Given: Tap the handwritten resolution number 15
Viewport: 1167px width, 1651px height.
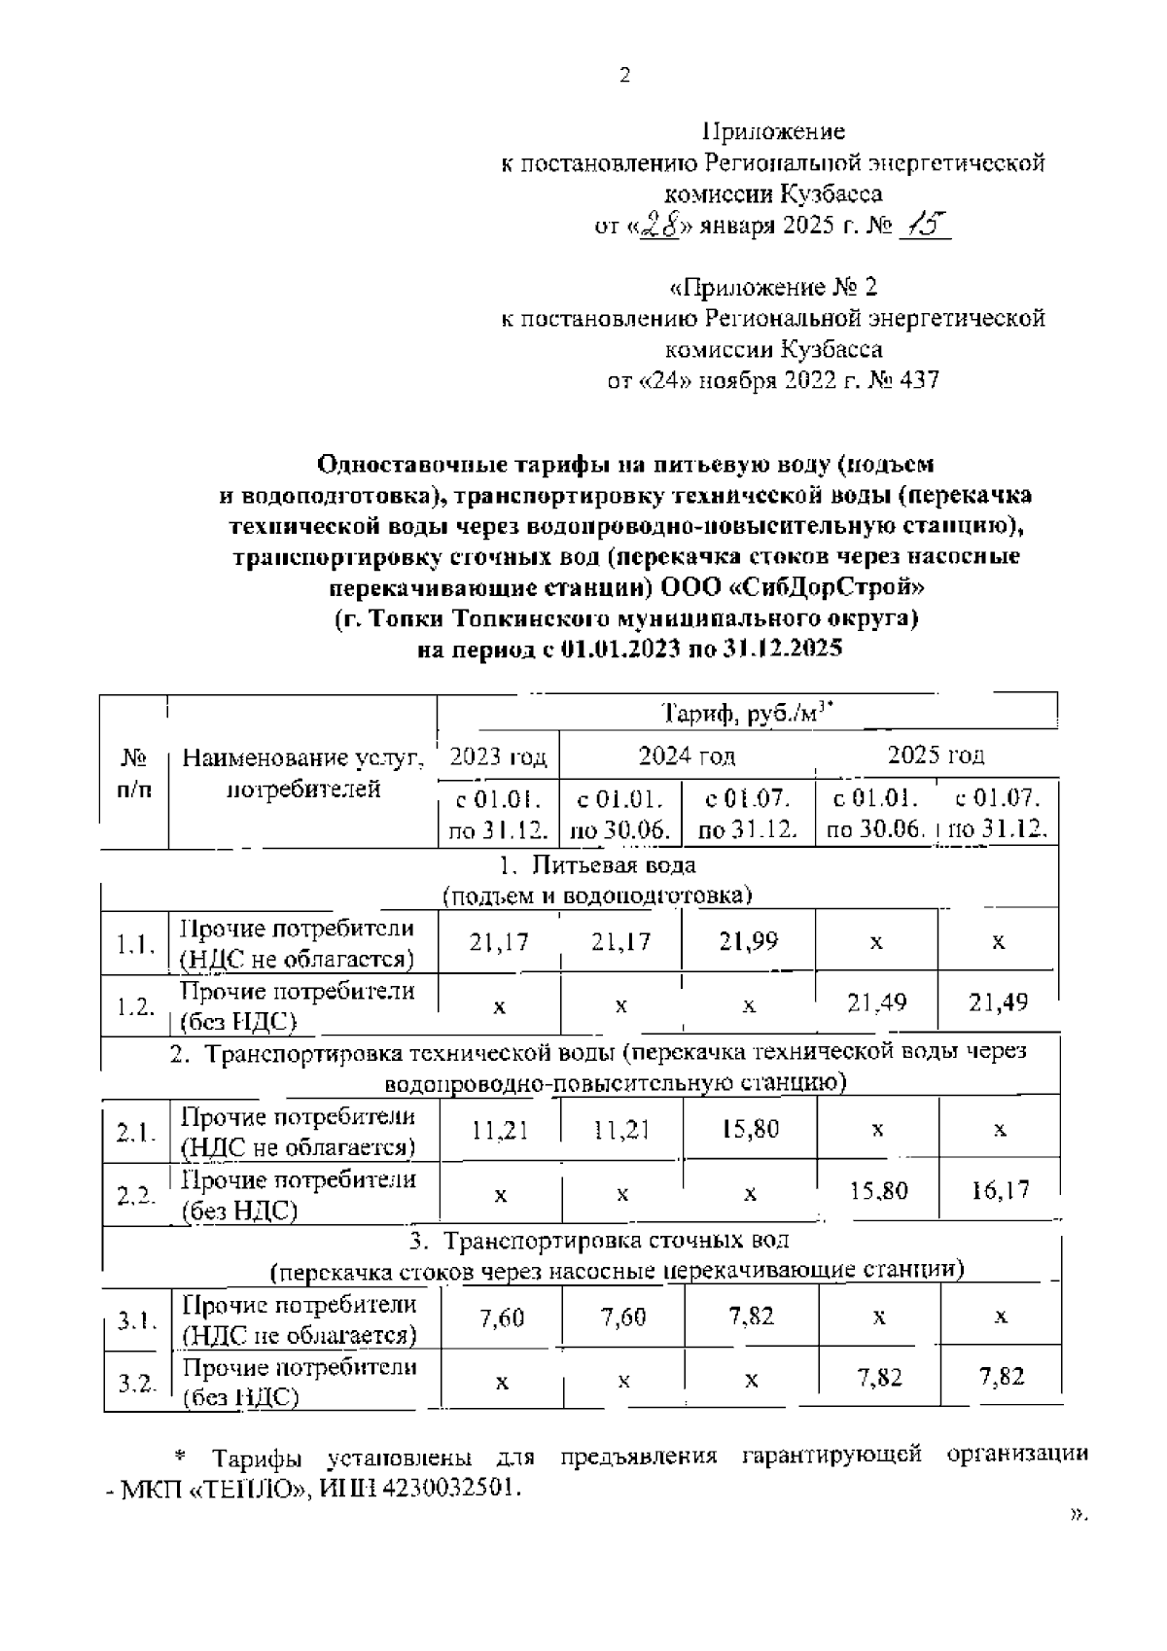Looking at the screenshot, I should (923, 226).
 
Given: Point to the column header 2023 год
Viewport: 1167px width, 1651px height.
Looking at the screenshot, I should (498, 756).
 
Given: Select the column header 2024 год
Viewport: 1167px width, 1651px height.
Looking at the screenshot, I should (687, 756).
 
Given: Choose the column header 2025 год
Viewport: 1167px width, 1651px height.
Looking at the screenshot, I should (936, 755).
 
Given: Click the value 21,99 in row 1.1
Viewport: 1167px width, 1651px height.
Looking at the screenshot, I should (749, 941).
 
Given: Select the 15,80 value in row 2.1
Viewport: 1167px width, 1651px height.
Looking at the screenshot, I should (750, 1129).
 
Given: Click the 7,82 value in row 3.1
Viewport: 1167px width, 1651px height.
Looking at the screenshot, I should (751, 1317).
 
